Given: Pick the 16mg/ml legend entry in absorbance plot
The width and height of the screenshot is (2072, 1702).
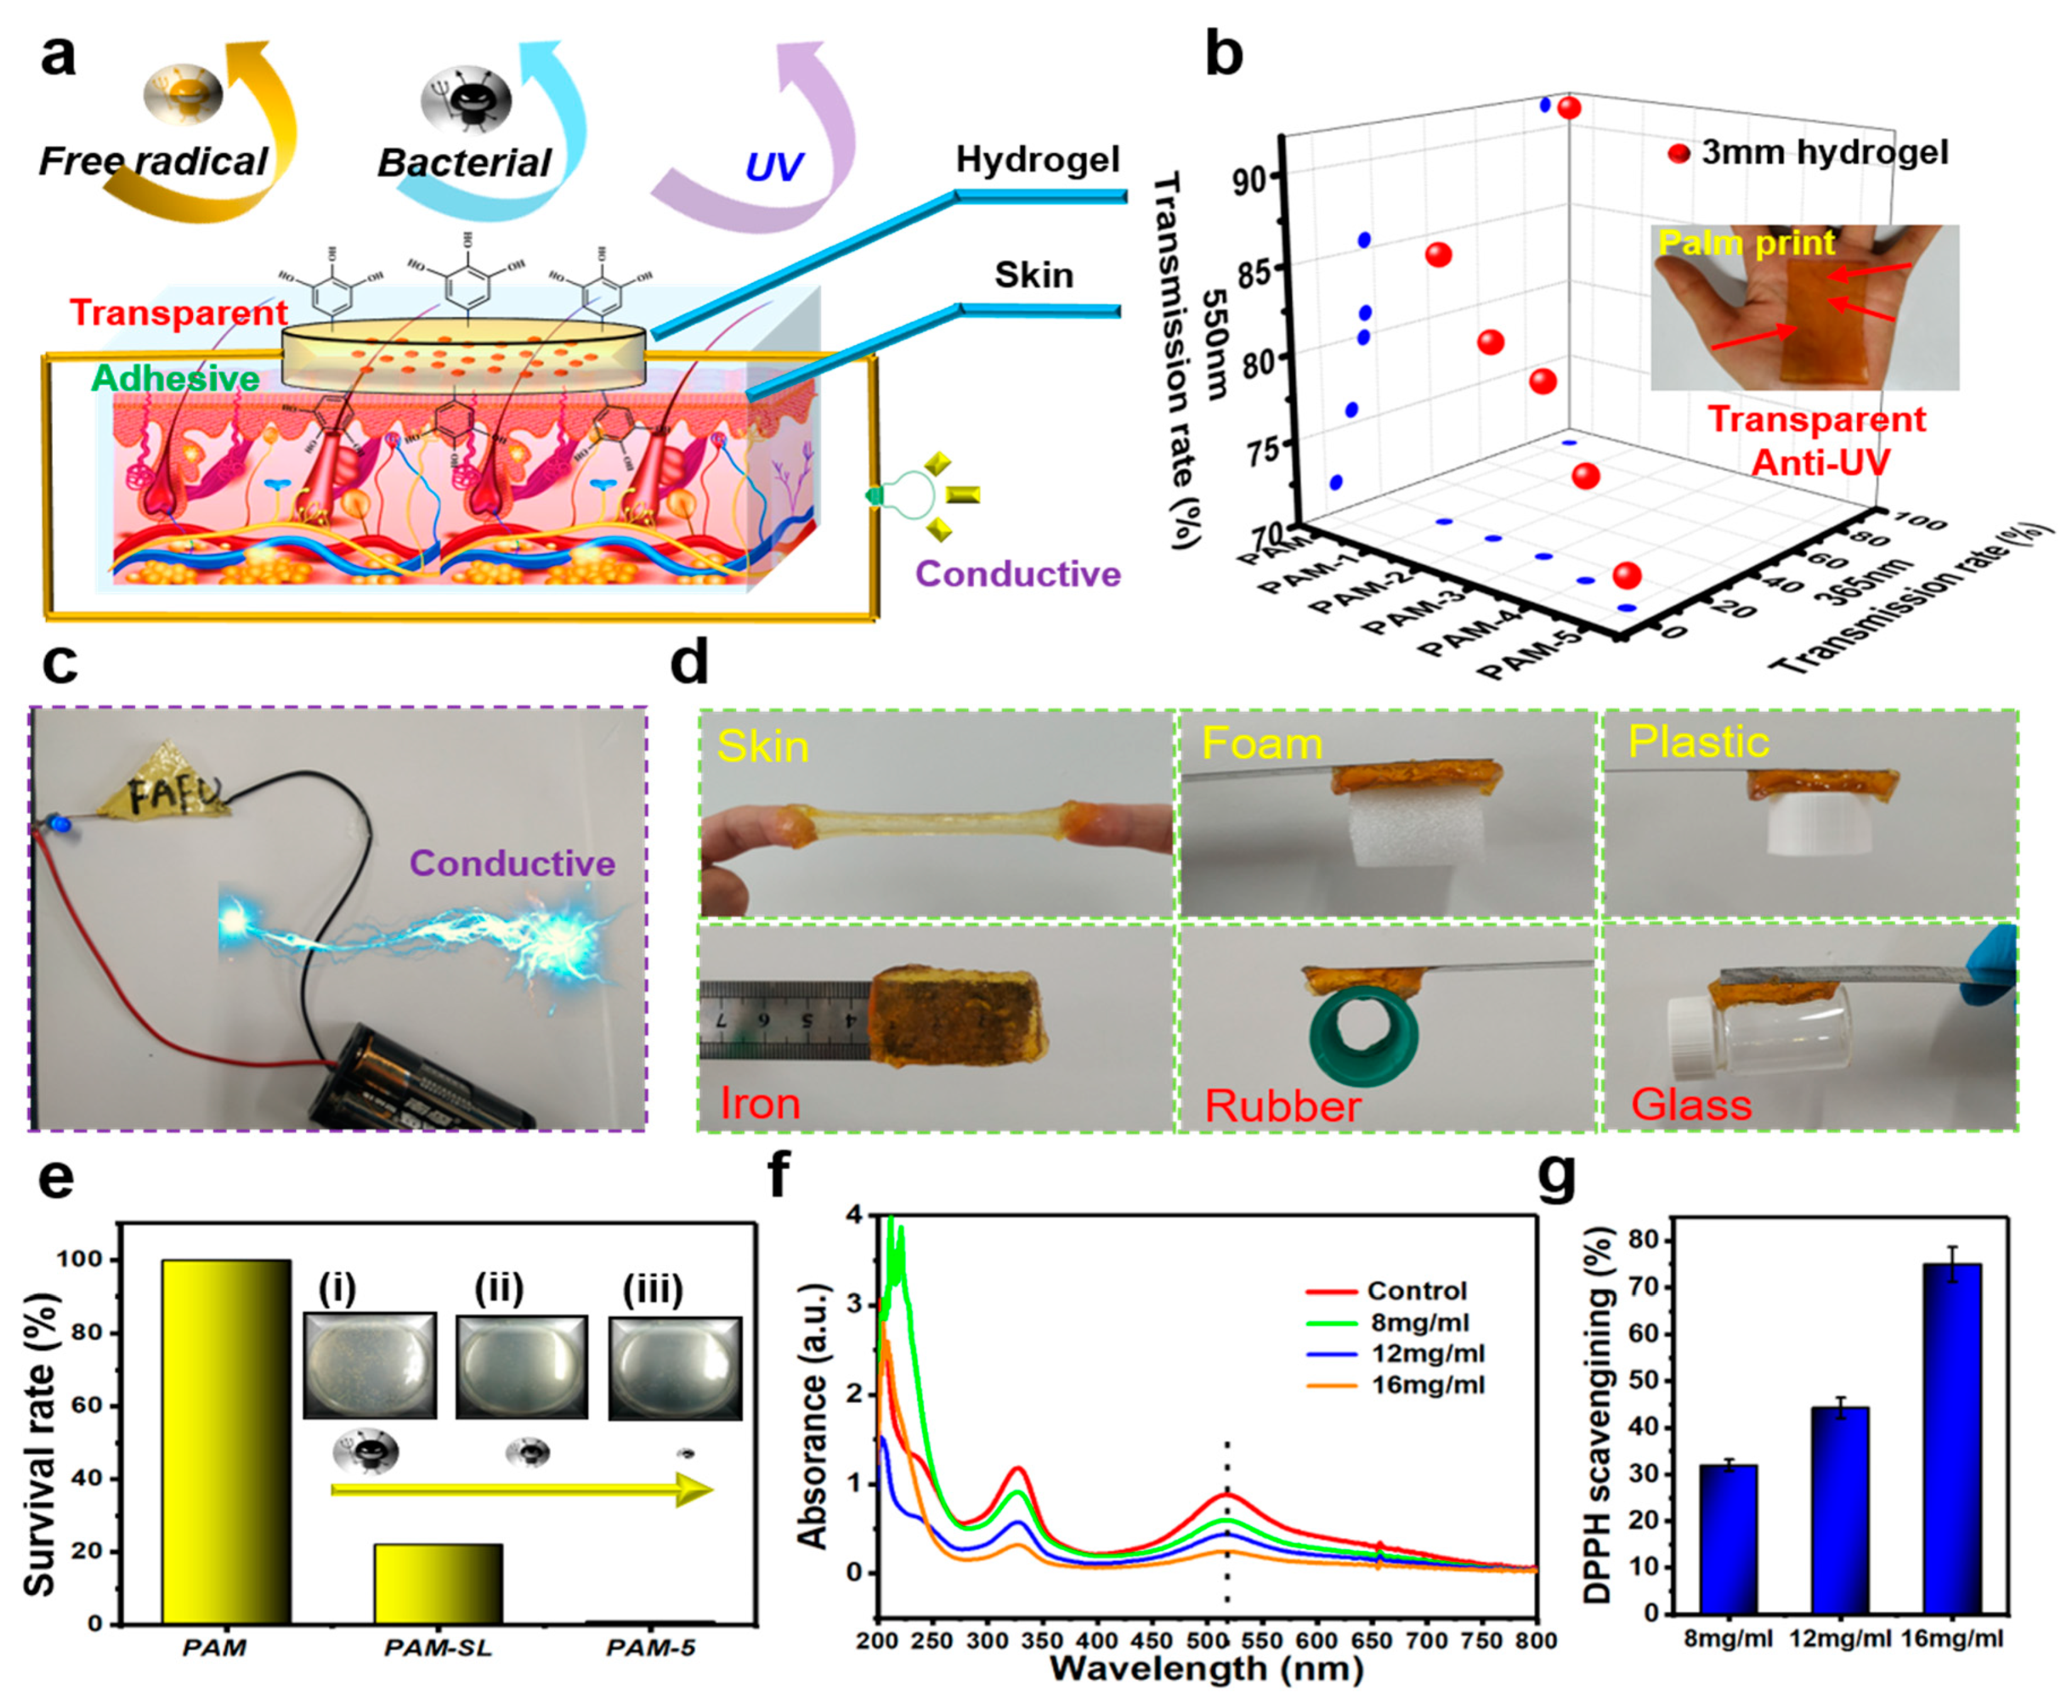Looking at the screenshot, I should (1427, 1385).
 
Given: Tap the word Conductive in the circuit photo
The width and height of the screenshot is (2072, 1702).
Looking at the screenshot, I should (512, 863).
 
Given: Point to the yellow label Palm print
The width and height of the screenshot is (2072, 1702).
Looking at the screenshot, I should (1746, 243).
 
